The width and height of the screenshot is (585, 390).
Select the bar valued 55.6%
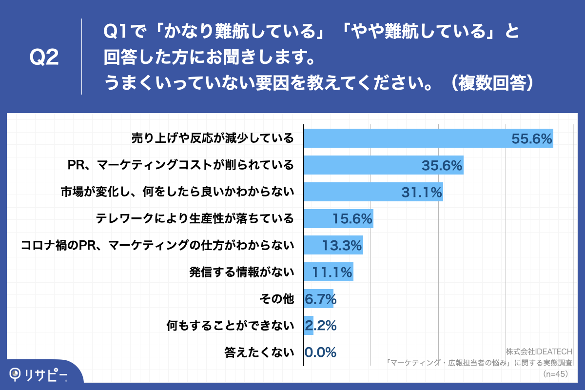tap(405, 138)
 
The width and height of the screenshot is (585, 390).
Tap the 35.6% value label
tap(442, 165)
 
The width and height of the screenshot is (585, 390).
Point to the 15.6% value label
tap(352, 219)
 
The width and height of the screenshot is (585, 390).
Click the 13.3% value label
tap(342, 246)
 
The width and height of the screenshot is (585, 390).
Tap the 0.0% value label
tap(320, 352)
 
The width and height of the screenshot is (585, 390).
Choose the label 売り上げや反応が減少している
tap(213, 138)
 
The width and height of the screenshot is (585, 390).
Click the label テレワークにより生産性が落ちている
tap(195, 218)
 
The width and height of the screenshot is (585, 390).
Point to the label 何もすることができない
tap(230, 325)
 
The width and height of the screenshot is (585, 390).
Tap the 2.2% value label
tap(320, 325)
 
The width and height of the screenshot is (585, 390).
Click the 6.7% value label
tap(320, 298)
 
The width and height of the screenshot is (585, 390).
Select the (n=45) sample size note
tap(556, 374)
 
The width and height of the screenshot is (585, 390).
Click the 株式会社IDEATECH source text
tap(539, 351)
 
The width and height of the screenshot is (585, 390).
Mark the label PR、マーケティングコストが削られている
tap(180, 165)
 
